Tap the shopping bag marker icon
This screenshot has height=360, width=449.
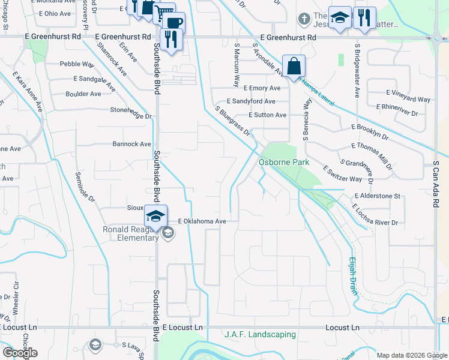pos(294,66)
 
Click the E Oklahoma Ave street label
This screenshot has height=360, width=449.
pos(201,221)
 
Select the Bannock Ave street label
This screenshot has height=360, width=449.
pos(132,144)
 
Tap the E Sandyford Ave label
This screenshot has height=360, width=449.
pos(251,102)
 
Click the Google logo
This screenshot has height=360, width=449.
pos(20,353)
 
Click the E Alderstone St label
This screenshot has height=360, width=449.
pos(377,196)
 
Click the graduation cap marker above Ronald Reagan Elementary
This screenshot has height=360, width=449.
pos(155,215)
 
